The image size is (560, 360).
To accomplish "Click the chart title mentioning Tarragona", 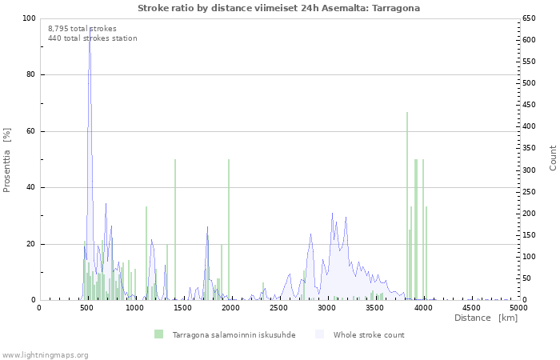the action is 278,8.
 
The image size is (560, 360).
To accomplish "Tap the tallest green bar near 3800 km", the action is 407,206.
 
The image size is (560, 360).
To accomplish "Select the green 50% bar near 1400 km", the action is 175,230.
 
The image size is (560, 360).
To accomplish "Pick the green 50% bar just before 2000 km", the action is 229,230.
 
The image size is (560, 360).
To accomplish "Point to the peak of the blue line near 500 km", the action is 90,27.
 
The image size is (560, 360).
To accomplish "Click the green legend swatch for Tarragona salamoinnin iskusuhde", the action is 158,334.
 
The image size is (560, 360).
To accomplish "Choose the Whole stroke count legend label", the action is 369,335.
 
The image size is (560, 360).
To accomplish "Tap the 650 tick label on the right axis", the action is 529,18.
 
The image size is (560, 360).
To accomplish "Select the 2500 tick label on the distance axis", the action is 278,308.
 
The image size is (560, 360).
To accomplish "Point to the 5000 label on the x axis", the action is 518,308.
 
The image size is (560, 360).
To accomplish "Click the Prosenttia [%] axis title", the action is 6,160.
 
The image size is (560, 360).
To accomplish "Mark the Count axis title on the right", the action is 553,158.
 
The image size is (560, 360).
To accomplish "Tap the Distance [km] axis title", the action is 486,318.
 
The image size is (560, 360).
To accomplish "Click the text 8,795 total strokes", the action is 82,29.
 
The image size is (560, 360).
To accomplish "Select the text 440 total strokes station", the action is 93,38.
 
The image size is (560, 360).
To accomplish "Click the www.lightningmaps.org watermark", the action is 45,355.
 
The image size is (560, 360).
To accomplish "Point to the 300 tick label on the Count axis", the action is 529,170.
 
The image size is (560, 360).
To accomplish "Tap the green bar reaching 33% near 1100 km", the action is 146,254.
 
